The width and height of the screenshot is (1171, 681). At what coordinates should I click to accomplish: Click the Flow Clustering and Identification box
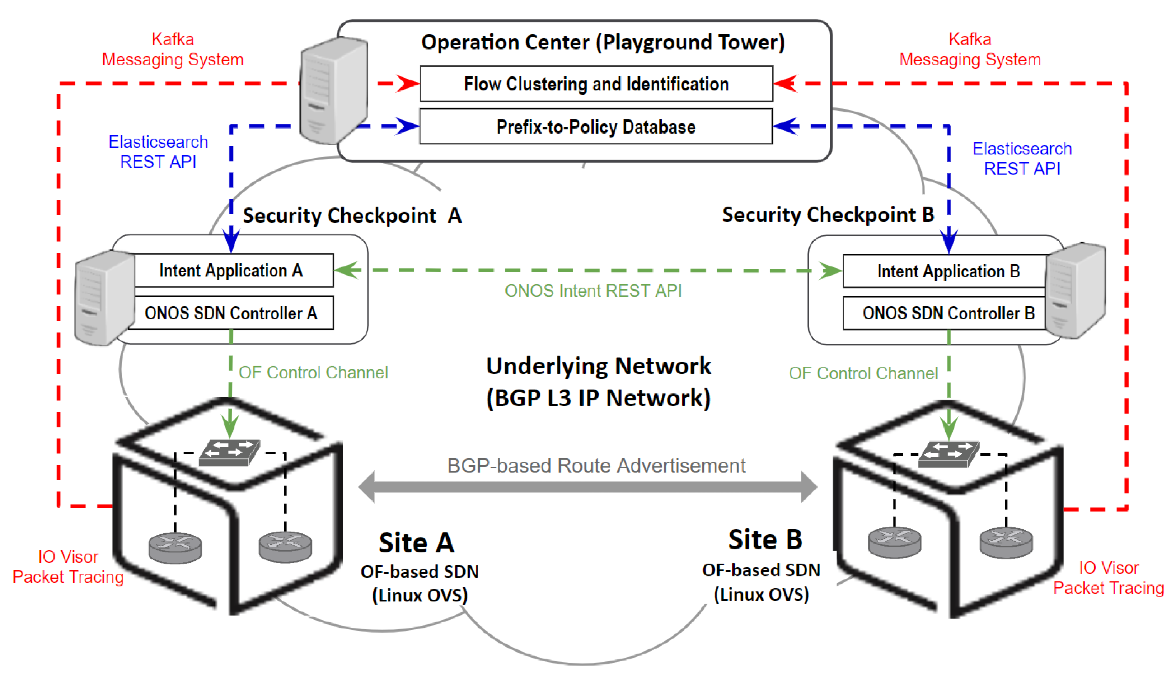pyautogui.click(x=596, y=84)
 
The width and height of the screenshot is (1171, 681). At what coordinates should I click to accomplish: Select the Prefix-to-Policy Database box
pyautogui.click(x=596, y=126)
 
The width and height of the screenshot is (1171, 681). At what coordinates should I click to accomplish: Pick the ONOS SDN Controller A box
pyautogui.click(x=231, y=313)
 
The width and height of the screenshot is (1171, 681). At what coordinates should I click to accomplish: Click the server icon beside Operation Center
pyautogui.click(x=334, y=91)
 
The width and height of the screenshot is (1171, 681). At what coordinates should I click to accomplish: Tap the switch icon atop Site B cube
pyautogui.click(x=948, y=454)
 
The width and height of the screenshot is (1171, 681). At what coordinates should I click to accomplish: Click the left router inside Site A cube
pyautogui.click(x=175, y=547)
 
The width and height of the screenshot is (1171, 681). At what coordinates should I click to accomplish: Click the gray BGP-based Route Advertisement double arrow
pyautogui.click(x=587, y=487)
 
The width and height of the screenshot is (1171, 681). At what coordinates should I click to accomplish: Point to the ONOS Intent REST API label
pyautogui.click(x=593, y=291)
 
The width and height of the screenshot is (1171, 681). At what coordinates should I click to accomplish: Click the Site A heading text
pyautogui.click(x=416, y=542)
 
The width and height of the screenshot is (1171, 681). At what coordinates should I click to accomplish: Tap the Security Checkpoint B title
pyautogui.click(x=828, y=215)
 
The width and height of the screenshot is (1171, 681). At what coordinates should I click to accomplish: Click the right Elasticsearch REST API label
pyautogui.click(x=1021, y=159)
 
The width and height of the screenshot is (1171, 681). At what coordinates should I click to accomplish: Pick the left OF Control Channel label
pyautogui.click(x=313, y=372)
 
